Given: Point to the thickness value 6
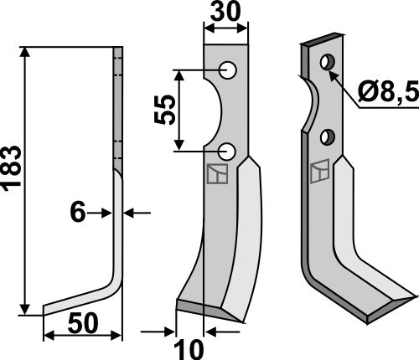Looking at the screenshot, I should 77,213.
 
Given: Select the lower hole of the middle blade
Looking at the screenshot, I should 227,151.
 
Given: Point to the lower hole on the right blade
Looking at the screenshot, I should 327,135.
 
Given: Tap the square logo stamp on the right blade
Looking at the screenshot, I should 318,172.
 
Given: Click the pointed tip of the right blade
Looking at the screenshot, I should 414,296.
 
